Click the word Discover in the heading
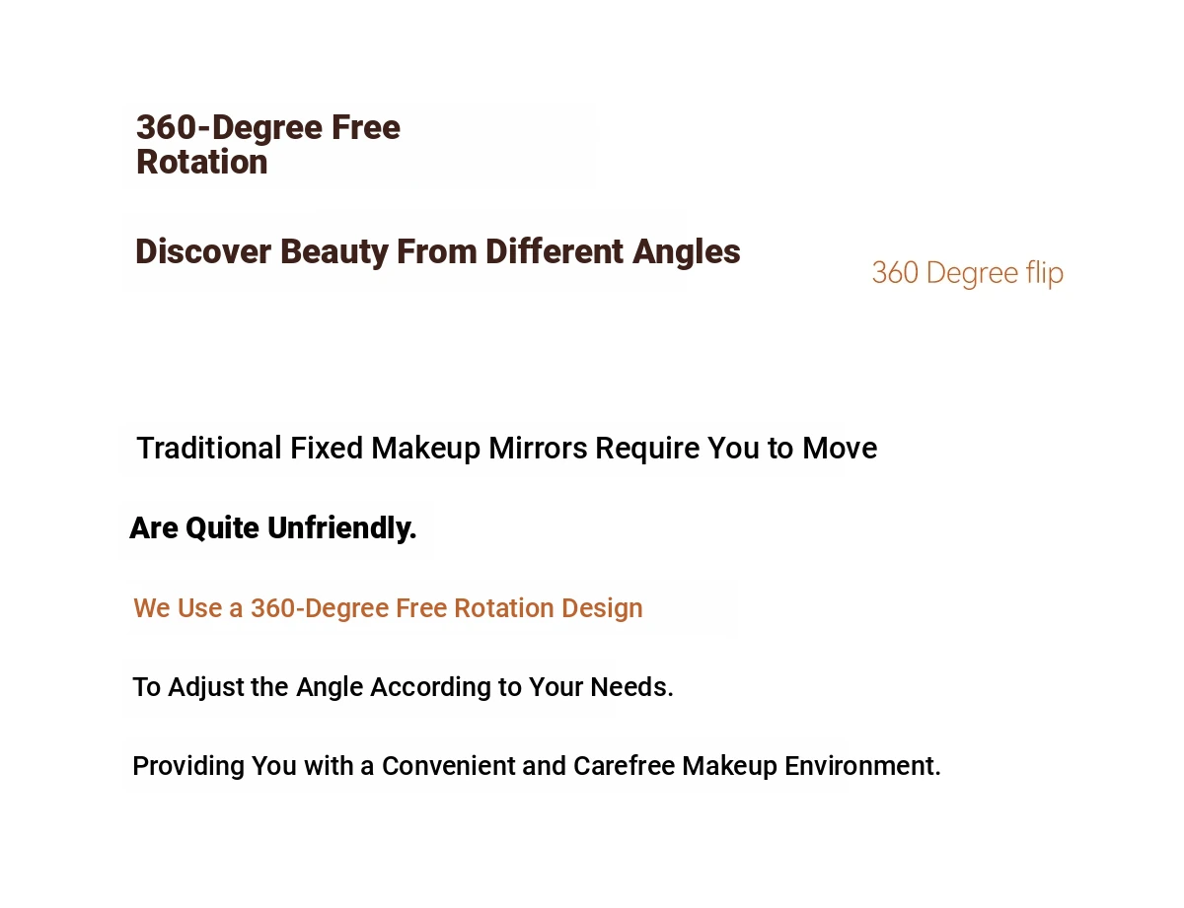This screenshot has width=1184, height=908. [x=202, y=251]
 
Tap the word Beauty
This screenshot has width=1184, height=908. [x=333, y=253]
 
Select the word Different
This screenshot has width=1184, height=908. [x=555, y=251]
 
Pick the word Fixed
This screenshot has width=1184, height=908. [x=326, y=448]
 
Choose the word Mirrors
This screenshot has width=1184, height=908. [x=538, y=448]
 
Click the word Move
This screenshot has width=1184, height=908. [x=840, y=448]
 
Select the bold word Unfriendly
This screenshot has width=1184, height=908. [x=341, y=528]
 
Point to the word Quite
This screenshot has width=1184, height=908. [x=222, y=529]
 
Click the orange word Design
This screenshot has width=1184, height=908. [x=602, y=609]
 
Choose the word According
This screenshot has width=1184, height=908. [x=430, y=688]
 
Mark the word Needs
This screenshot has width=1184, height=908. [x=632, y=687]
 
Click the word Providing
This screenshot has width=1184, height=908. [x=188, y=767]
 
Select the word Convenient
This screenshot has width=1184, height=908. [x=448, y=766]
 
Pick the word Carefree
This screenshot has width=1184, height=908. [x=624, y=766]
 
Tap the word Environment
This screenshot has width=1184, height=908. [x=862, y=766]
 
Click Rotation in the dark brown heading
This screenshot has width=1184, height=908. [x=201, y=163]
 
